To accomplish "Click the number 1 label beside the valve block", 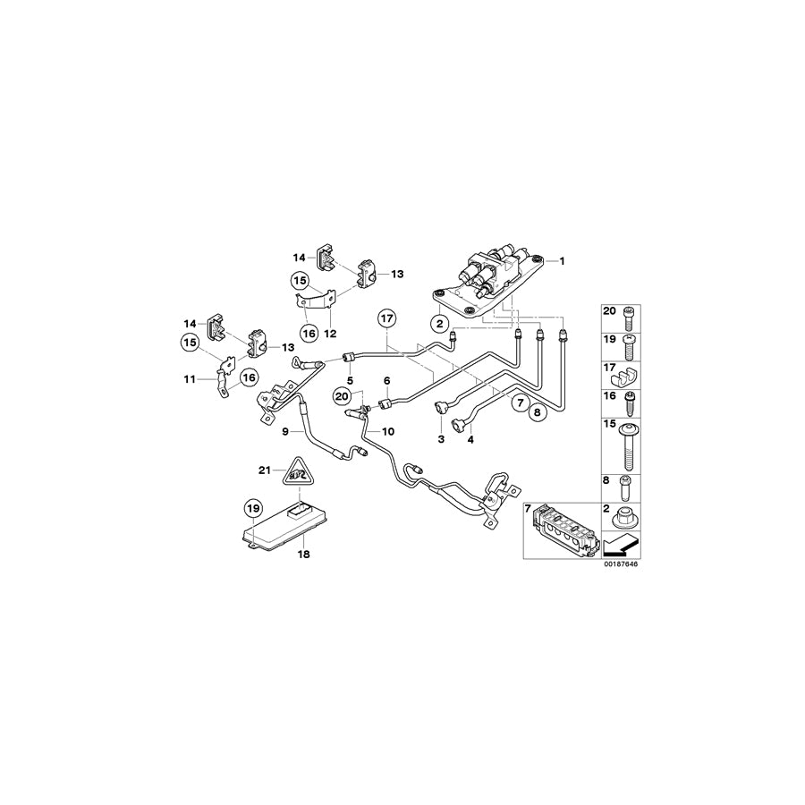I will coord(563,260).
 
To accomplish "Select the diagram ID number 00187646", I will coord(619,564).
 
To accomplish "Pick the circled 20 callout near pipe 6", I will coord(342,395).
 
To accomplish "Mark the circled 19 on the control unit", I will coord(253,511).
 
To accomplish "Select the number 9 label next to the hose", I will coord(285,431).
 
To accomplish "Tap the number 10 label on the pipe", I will coord(387,431).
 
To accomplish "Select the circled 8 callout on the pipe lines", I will coord(538,413).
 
